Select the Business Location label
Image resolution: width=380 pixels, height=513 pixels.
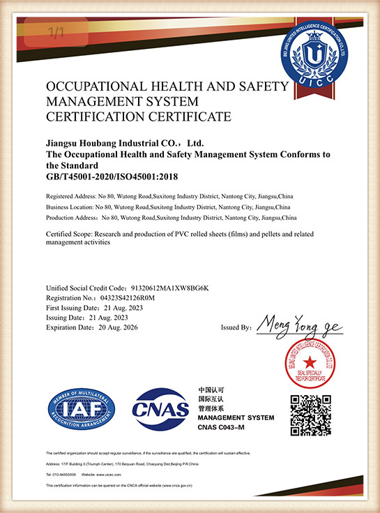pos(69,208)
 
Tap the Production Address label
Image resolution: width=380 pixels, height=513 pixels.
pos(71,218)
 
